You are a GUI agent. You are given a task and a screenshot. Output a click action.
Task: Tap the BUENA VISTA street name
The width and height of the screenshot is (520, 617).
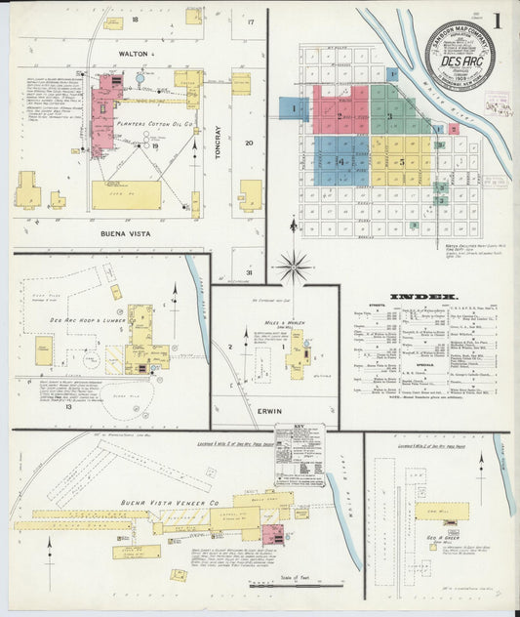coord(131,234)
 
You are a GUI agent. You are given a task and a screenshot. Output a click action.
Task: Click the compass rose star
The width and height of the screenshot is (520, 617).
coord(293,264)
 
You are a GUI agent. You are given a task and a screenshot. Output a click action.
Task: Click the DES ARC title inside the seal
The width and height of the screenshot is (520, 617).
coord(460,58)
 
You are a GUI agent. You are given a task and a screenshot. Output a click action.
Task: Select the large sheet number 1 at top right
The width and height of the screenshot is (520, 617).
coord(498,21)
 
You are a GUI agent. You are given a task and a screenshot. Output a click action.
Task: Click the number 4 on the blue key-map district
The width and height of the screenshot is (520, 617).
coord(340,161)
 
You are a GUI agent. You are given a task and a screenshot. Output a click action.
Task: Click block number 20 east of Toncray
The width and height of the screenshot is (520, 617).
coord(249,143)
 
